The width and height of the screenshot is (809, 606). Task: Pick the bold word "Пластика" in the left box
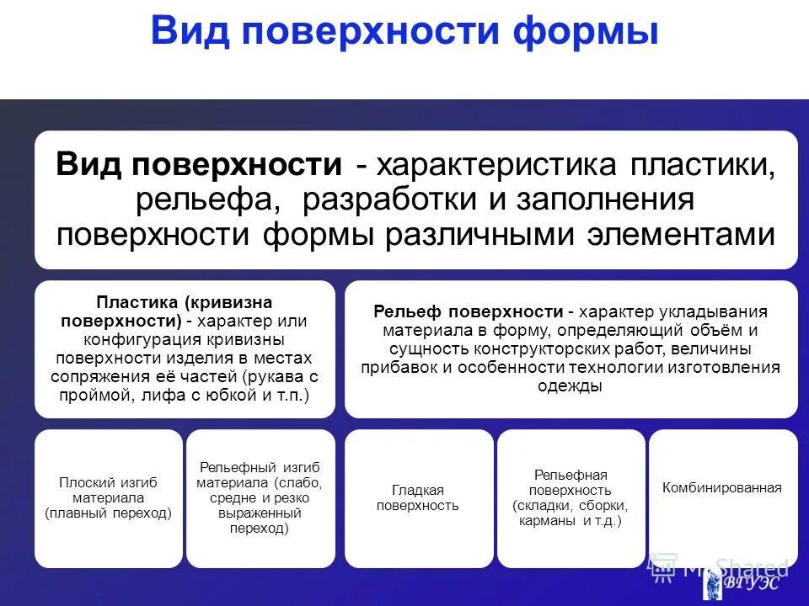coord(138,301)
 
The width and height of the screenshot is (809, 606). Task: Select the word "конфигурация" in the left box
coord(135,339)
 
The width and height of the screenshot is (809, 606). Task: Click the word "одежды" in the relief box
coord(570,385)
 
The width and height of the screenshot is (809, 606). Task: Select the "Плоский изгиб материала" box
coord(108,497)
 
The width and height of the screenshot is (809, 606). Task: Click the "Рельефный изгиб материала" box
coord(259,497)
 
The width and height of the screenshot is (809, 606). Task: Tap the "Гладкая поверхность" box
coord(418,497)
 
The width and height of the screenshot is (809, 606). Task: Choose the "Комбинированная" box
coord(722,487)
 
